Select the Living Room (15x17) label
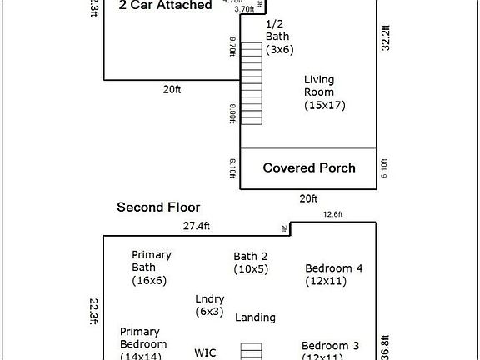click(324, 92)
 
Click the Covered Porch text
click(309, 167)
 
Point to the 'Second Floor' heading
click(158, 207)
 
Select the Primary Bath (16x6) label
click(150, 267)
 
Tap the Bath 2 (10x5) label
click(251, 262)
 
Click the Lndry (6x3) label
click(209, 304)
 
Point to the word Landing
click(255, 317)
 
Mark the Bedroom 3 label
click(330, 351)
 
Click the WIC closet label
click(205, 352)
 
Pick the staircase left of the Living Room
click(251, 83)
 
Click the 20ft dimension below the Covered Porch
click(307, 198)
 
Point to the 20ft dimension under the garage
click(171, 89)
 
